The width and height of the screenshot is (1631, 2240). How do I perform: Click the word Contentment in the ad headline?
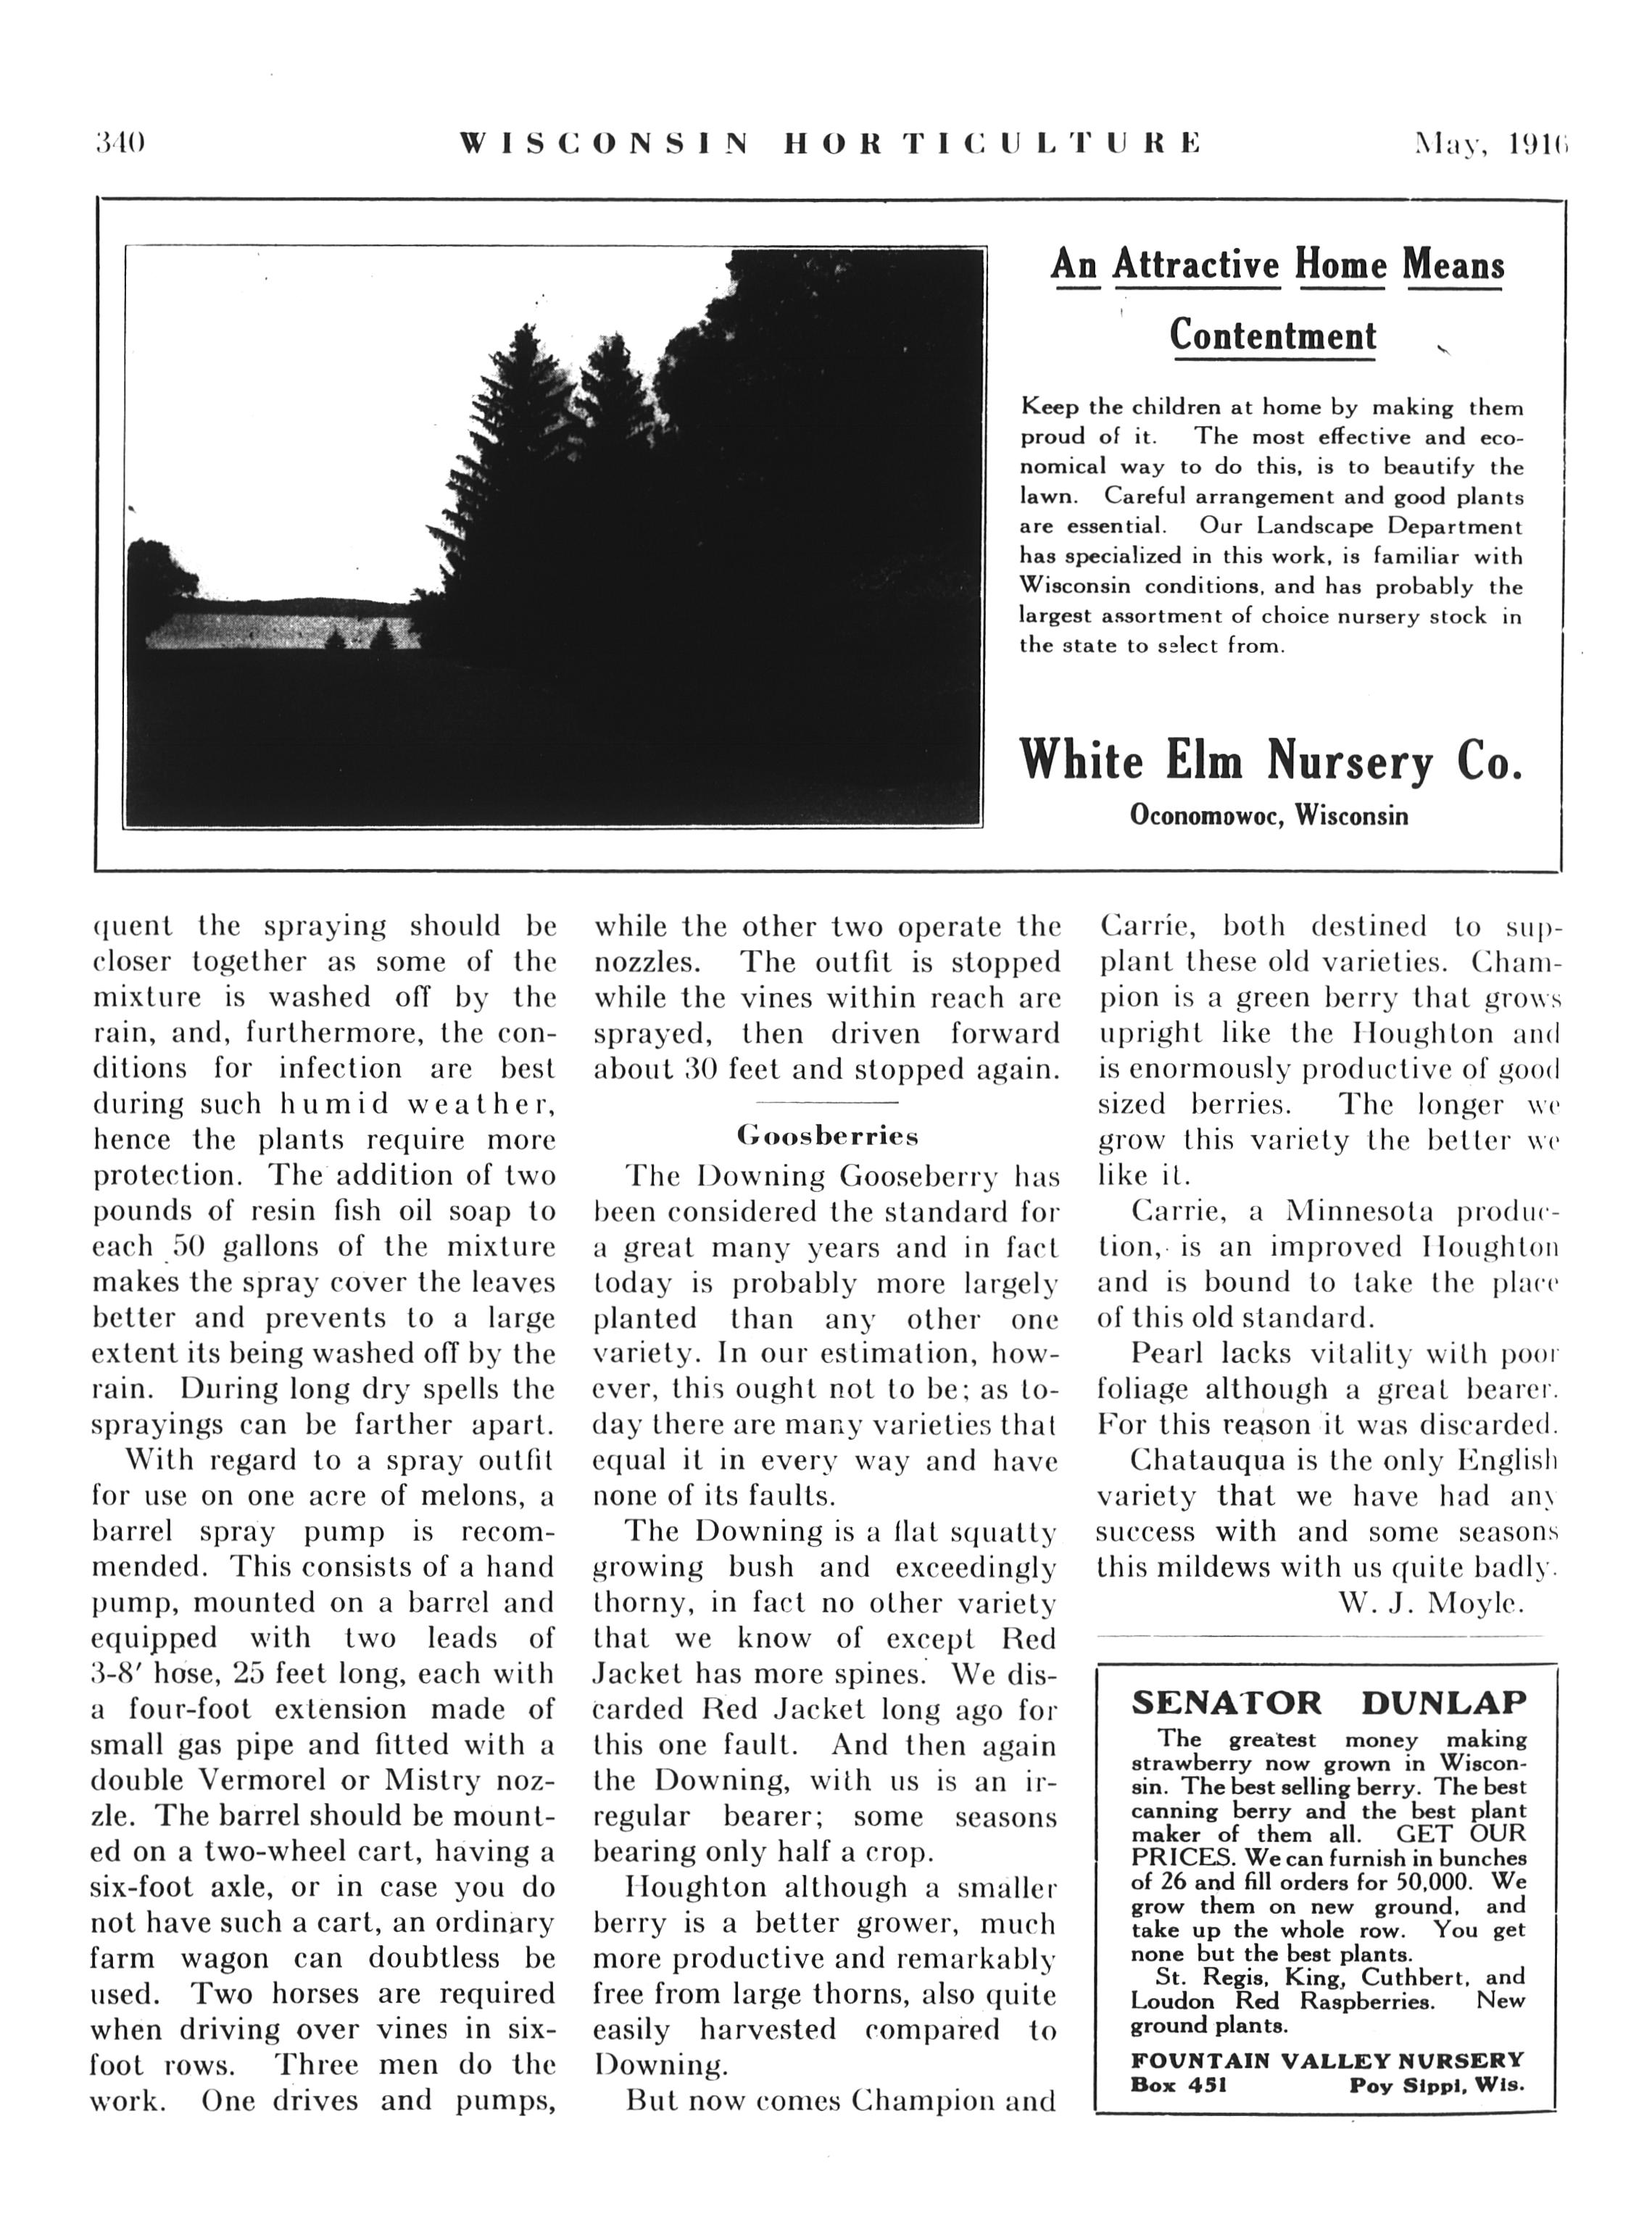[x=1272, y=336]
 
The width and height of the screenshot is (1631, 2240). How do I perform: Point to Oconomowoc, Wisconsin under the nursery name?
[x=1269, y=816]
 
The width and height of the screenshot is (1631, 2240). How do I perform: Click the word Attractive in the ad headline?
[x=1196, y=265]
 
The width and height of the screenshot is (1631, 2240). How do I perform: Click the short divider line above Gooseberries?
[x=827, y=1102]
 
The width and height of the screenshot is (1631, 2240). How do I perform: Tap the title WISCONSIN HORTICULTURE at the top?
[x=830, y=144]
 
